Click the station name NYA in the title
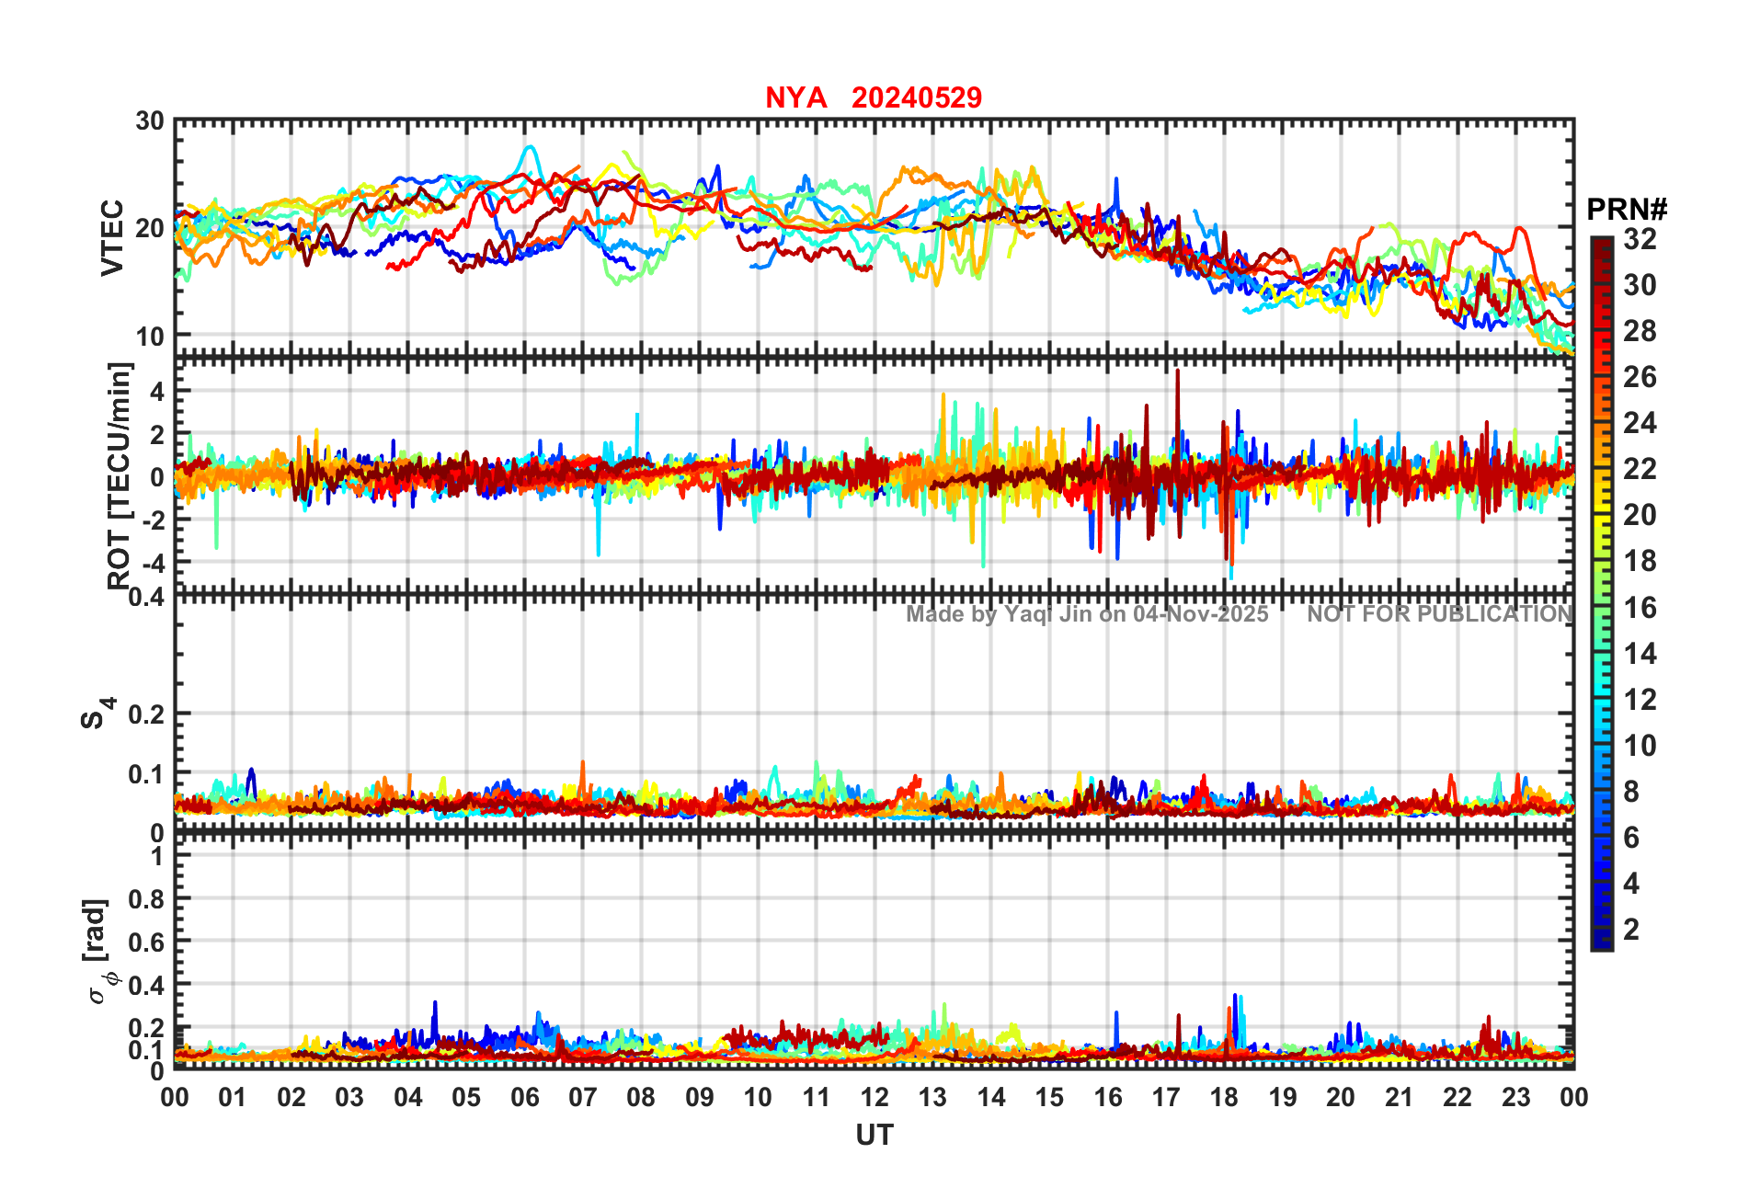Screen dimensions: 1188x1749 795,97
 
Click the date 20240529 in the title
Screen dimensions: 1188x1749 916,97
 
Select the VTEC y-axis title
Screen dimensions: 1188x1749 112,237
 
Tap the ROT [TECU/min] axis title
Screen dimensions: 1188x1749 119,474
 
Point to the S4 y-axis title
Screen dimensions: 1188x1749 97,713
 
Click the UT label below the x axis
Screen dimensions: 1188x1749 874,1136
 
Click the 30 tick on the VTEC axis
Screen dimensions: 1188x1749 150,121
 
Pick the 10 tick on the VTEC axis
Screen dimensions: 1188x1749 150,337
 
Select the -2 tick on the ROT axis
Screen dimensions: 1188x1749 152,520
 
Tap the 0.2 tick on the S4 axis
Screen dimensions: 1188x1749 146,714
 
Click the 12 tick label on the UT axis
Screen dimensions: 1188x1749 874,1098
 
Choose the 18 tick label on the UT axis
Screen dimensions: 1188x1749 1224,1098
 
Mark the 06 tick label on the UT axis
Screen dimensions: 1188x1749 524,1098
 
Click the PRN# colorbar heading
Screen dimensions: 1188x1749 1627,210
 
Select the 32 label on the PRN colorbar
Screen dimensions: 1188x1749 1640,239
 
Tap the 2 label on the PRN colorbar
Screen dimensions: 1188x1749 1631,930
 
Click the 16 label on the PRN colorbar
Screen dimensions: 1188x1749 1640,608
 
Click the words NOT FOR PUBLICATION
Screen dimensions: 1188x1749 1440,614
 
